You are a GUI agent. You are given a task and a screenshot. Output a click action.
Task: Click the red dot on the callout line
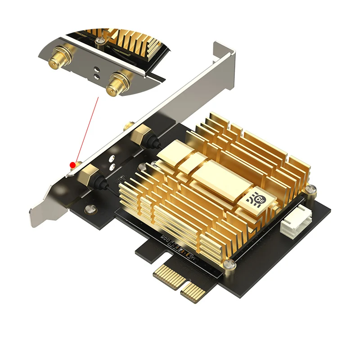click(x=72, y=165)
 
